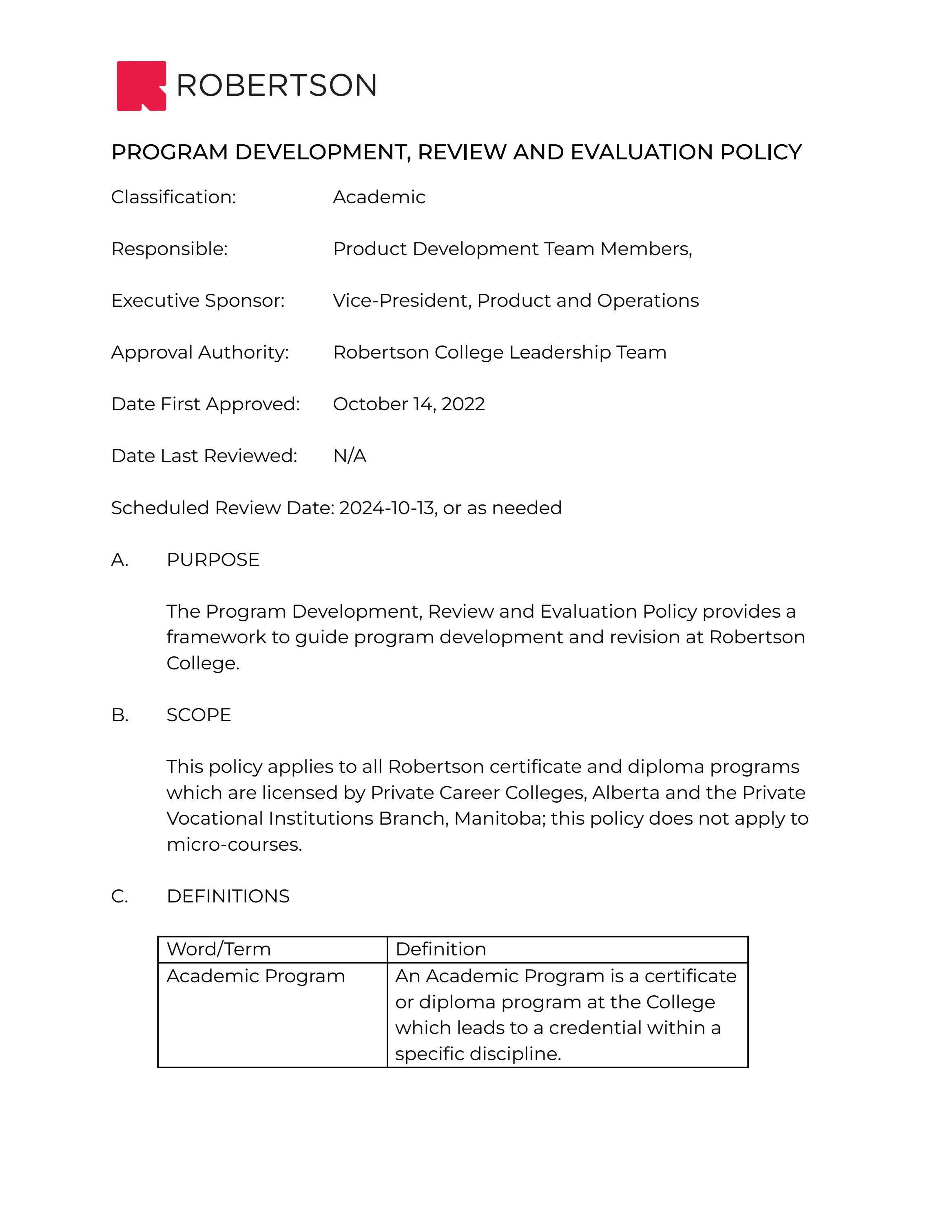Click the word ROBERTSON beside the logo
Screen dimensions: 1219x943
point(277,86)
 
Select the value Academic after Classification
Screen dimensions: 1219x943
point(379,197)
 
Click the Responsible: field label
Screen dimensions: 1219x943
point(169,249)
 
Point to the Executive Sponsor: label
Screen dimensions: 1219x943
point(198,301)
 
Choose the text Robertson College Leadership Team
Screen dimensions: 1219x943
point(499,352)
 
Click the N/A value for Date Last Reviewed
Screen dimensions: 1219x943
point(349,456)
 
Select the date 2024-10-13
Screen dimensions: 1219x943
point(387,508)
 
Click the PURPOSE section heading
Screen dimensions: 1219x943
point(213,560)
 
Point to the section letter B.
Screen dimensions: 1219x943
point(120,715)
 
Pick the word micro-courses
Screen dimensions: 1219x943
point(234,845)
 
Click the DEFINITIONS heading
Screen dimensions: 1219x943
point(228,896)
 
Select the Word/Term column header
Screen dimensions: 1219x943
point(219,949)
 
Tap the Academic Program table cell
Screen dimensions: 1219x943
point(255,976)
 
